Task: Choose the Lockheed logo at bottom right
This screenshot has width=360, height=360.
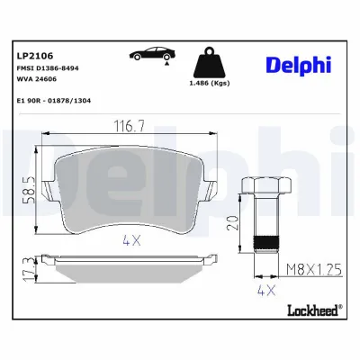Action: [310, 311]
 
